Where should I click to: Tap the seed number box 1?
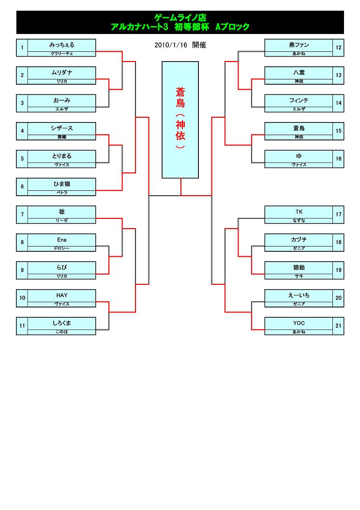22,48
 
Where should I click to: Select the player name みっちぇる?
61,45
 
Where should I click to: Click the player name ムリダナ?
61,73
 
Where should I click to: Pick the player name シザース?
61,128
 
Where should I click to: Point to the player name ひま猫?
61,184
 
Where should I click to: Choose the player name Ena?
61,240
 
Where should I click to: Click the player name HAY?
61,295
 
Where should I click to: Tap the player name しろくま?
61,323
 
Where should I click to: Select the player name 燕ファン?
299,45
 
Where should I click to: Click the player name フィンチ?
299,100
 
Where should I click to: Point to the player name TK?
299,212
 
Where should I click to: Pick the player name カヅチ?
299,240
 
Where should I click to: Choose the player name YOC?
299,323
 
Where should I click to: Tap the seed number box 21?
338,326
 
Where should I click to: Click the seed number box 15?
338,131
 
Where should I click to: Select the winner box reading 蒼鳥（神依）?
180,119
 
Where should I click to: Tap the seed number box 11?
22,326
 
